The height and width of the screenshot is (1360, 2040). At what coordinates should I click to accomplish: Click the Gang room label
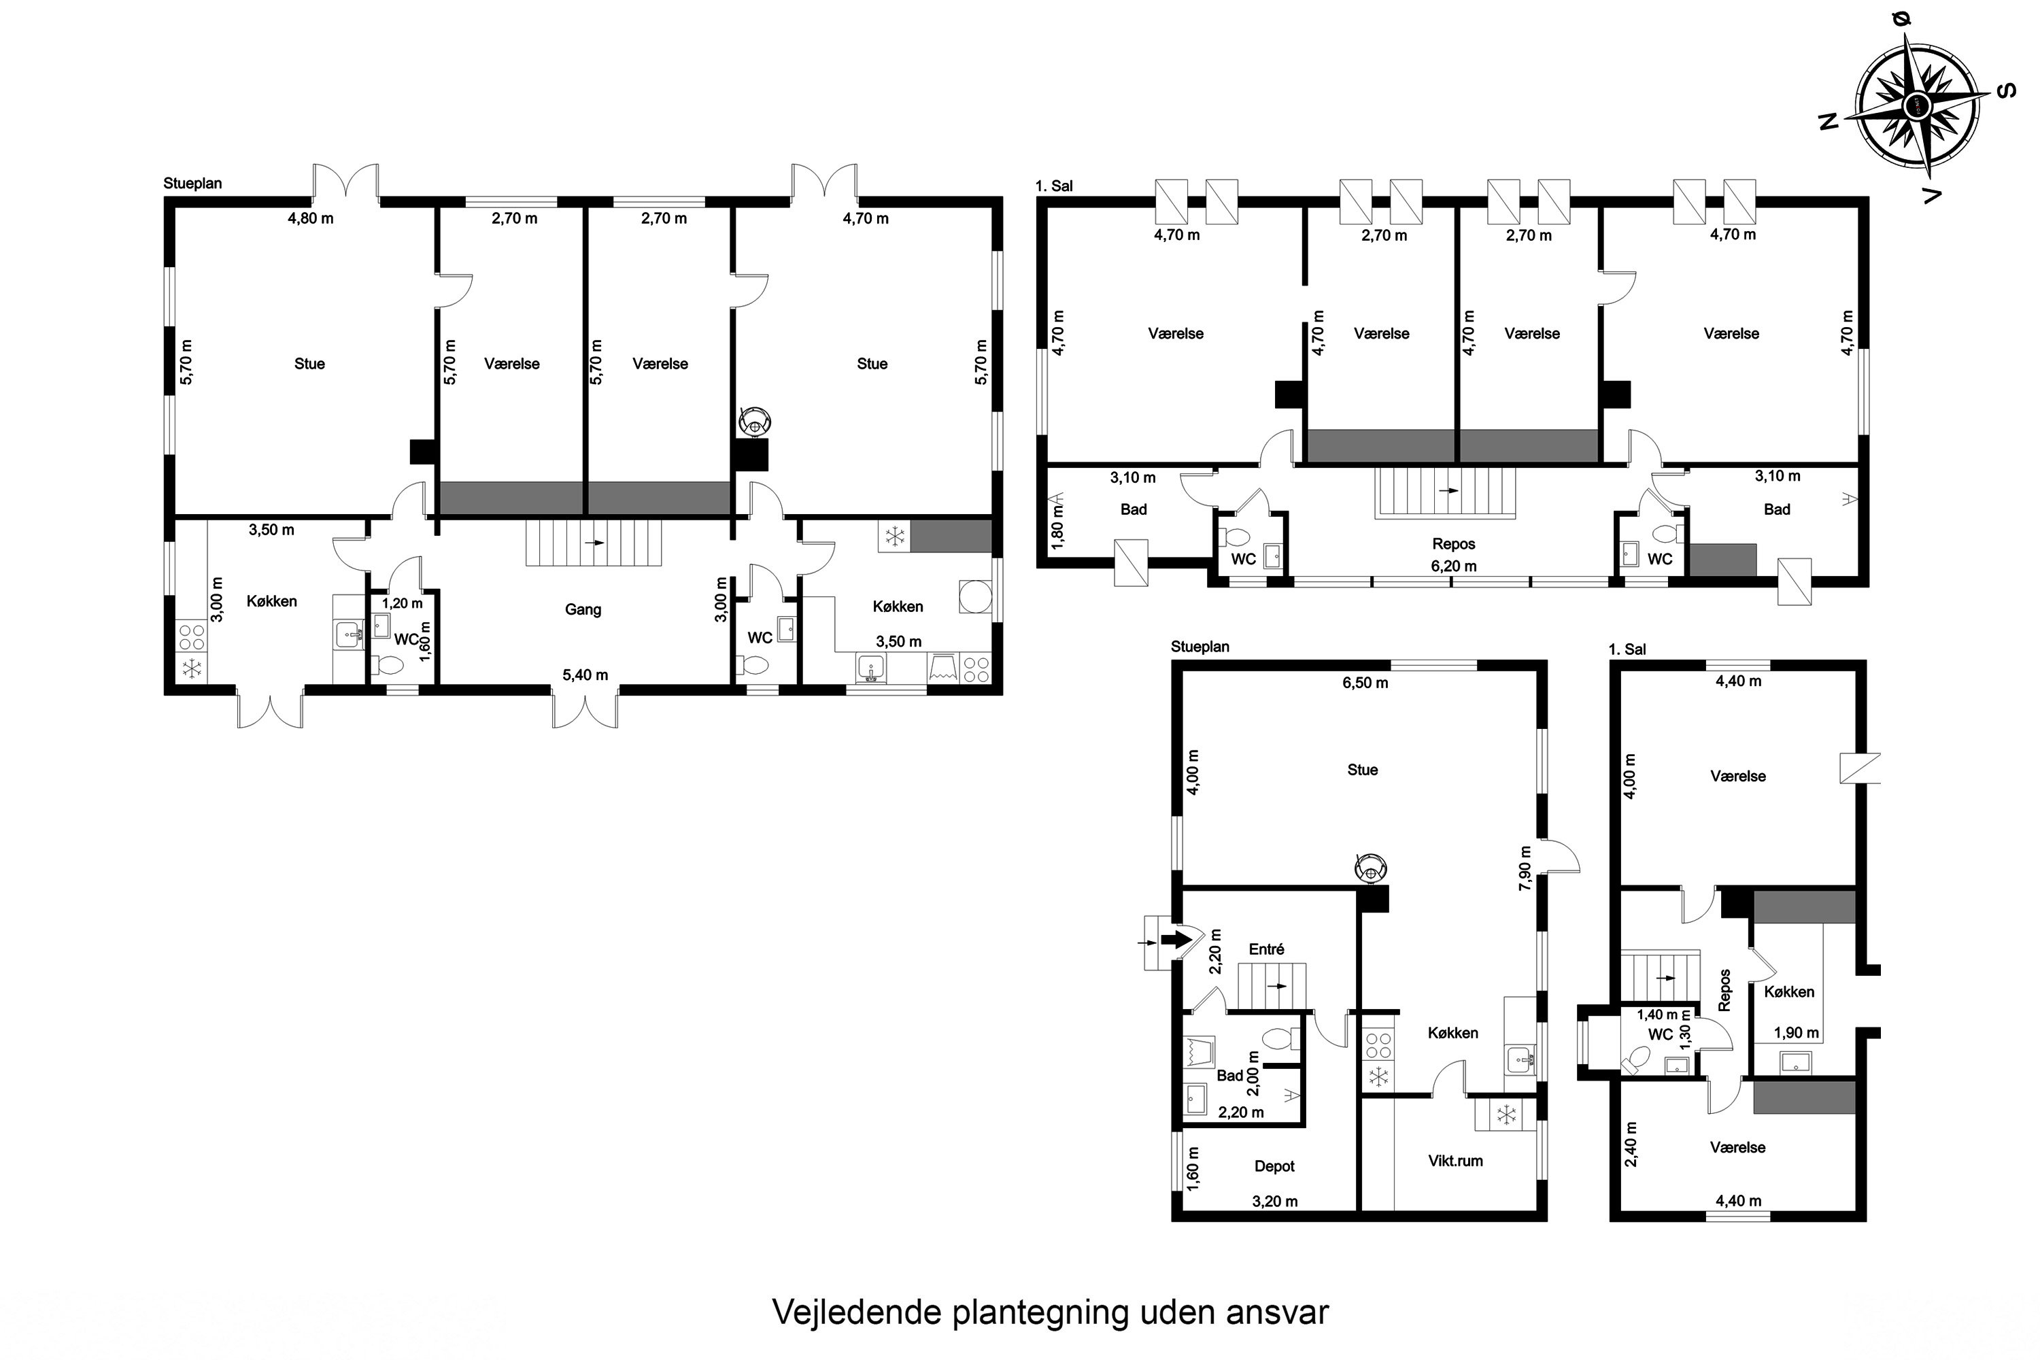tap(582, 610)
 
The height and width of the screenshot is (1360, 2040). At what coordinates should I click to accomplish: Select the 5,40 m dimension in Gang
tap(585, 675)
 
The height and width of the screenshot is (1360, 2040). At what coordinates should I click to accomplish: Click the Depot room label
tap(1274, 1167)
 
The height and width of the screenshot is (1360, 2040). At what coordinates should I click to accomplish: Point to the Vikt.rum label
tap(1455, 1161)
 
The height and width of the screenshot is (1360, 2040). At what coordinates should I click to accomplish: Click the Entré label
tap(1266, 950)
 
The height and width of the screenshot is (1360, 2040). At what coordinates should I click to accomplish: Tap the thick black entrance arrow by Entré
tap(1177, 939)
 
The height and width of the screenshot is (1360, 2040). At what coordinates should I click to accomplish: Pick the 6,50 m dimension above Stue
tap(1365, 683)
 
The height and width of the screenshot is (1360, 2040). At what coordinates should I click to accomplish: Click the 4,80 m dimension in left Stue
tap(311, 218)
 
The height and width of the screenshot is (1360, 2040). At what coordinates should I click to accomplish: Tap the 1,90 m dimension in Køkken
tap(1795, 1033)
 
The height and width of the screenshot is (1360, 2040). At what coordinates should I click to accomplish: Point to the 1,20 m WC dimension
tap(403, 604)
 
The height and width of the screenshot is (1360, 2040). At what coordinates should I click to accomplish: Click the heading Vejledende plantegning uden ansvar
tap(1049, 1312)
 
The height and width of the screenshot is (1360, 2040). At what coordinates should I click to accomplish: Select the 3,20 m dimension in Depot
tap(1274, 1202)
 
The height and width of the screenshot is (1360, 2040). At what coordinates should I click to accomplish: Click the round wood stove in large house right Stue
tap(755, 422)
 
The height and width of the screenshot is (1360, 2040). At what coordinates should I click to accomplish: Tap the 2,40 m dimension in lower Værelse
tap(1631, 1144)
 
